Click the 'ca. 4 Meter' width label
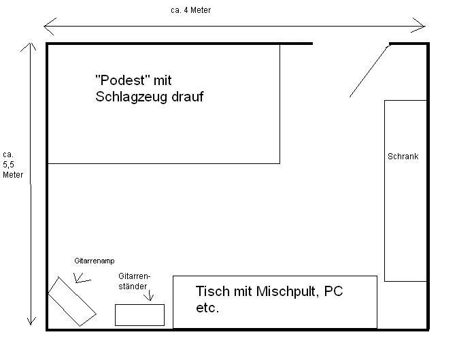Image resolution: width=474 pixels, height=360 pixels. pos(190,10)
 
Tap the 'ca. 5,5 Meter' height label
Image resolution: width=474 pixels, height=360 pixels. pos(13,165)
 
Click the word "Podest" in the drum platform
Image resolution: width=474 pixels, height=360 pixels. pos(122,80)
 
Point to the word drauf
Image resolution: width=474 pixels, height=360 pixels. pos(188,97)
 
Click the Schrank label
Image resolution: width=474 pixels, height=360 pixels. pos(403,157)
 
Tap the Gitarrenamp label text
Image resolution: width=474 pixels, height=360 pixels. pos(95,261)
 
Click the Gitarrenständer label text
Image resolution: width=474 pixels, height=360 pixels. pos(134,281)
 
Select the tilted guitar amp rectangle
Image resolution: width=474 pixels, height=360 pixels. pos(72,301)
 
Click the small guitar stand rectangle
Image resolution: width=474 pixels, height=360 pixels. pos(139,315)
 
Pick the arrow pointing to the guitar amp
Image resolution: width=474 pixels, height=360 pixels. pos(82,278)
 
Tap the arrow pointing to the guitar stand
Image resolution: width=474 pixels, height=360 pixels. pos(149,295)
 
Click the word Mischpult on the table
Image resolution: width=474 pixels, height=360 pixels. pos(287,292)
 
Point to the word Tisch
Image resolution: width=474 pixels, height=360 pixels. pos(212,291)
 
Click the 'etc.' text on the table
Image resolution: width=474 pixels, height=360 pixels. pos(207,308)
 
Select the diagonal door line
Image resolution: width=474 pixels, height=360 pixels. pos(370,71)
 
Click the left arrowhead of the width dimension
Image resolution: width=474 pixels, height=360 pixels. pos(49,27)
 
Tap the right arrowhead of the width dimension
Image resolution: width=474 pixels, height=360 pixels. pos(420,25)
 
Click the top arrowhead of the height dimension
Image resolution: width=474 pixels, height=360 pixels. pos(29,46)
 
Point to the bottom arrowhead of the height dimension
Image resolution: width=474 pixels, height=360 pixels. pos(31,321)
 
